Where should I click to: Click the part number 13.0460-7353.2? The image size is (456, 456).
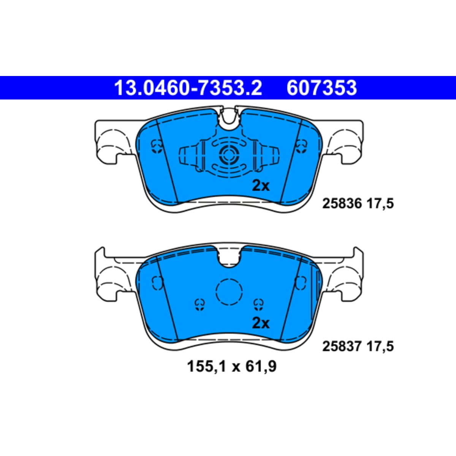(x=188, y=88)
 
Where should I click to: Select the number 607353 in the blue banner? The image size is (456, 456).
(x=321, y=88)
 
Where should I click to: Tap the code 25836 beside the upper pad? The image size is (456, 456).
(x=342, y=204)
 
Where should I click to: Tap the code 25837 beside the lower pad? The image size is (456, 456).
(x=342, y=346)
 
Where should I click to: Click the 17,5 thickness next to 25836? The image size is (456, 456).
(x=380, y=204)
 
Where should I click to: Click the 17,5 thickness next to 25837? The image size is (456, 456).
(x=380, y=346)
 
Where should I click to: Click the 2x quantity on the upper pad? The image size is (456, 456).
(x=261, y=186)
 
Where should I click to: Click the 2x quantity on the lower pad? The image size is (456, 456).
(x=261, y=323)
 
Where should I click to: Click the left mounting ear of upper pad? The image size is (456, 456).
(x=110, y=142)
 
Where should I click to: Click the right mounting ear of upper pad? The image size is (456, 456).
(x=346, y=142)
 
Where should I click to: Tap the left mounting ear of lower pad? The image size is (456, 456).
(x=110, y=279)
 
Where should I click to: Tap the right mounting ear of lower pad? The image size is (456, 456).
(x=346, y=279)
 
